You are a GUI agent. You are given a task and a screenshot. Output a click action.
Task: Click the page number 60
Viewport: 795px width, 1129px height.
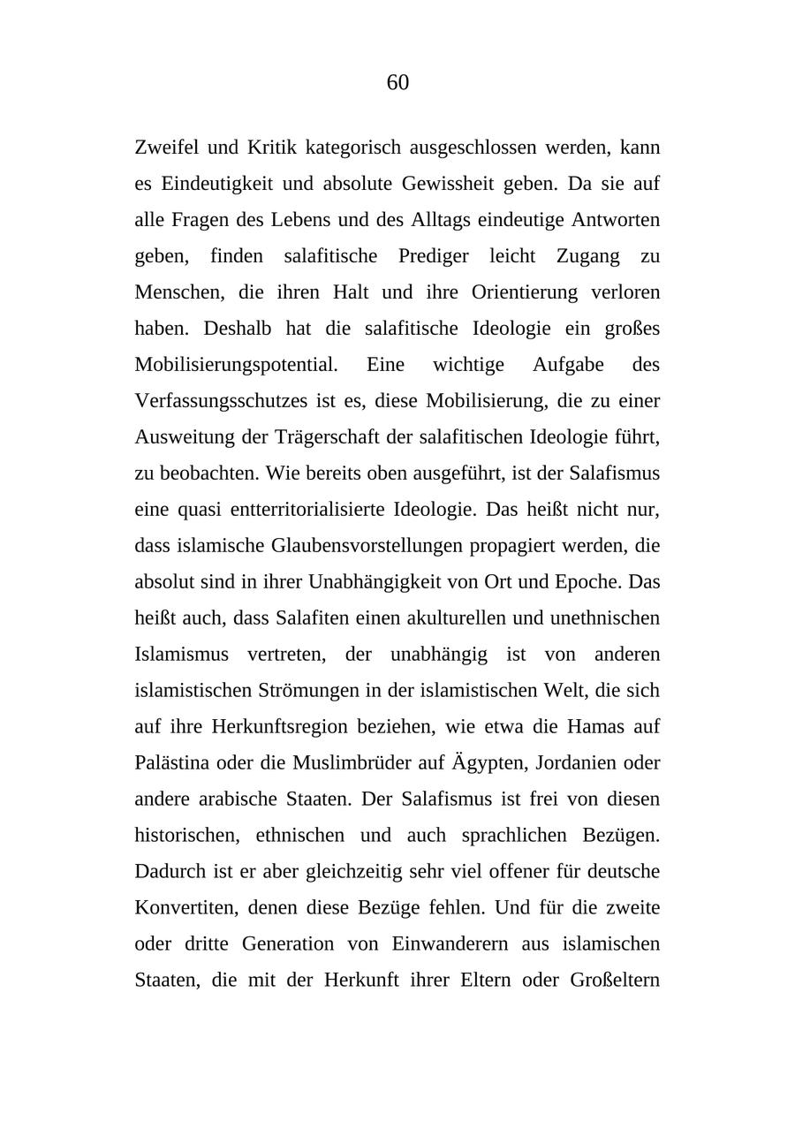(x=397, y=83)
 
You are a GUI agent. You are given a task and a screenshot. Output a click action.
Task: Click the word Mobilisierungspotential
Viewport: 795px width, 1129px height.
(x=236, y=365)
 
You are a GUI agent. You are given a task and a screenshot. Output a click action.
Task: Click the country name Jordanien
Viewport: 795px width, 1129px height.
(x=559, y=763)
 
